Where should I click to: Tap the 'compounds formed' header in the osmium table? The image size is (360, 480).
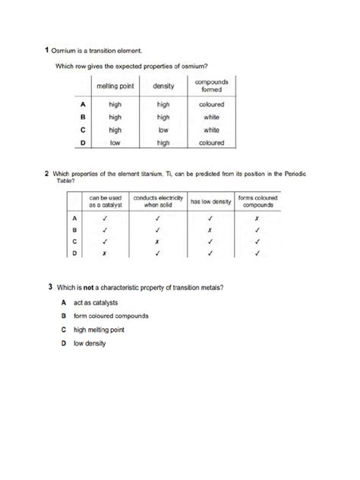[210, 84]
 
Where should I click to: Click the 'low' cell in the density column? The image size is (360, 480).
[163, 129]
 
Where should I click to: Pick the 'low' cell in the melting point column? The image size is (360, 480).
[115, 142]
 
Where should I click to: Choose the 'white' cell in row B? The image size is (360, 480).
[211, 117]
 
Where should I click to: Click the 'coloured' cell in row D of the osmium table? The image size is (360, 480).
[211, 142]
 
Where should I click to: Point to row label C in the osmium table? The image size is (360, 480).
[82, 129]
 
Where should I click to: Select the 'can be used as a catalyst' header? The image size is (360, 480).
[104, 201]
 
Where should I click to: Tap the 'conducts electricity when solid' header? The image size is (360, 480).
[158, 201]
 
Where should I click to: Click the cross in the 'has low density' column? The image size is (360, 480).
[208, 229]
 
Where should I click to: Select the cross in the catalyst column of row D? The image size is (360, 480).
[104, 254]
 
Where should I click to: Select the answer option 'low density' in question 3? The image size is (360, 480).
[90, 343]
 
